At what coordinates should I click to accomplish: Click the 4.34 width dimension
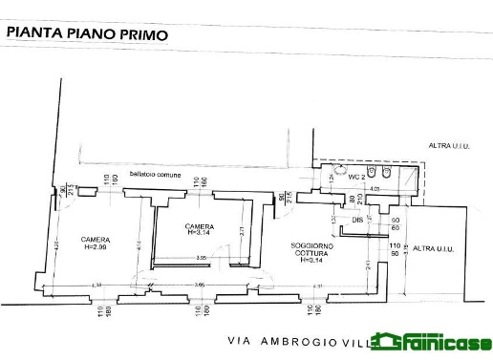pos(96,285)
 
